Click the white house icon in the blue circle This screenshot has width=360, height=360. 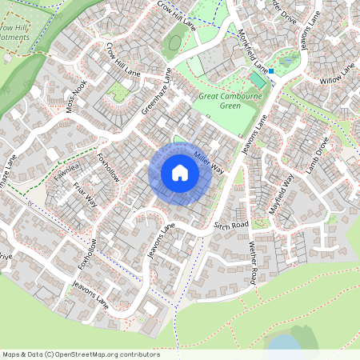click(x=180, y=173)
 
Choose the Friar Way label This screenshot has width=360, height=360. click(x=84, y=191)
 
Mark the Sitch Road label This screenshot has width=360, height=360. click(x=231, y=226)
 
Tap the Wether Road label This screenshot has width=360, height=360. click(x=253, y=262)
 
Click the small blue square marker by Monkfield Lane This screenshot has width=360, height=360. click(x=271, y=71)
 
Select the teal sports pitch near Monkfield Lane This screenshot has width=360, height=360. click(x=258, y=80)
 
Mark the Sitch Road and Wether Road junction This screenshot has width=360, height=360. click(x=250, y=232)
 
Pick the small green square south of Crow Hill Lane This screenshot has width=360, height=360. click(x=119, y=92)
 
